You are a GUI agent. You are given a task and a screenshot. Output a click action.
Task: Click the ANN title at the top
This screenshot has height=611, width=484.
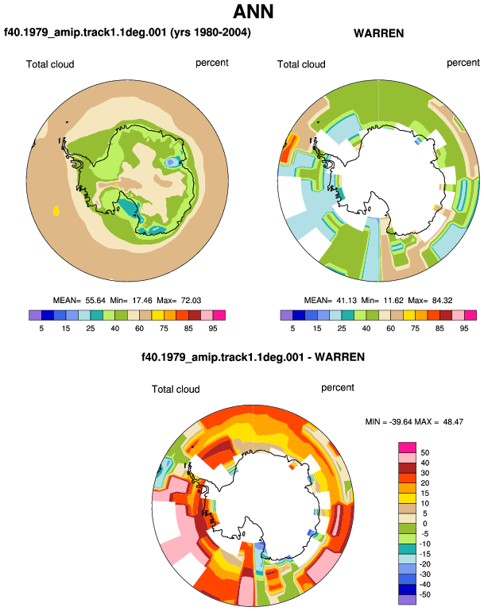tap(254, 11)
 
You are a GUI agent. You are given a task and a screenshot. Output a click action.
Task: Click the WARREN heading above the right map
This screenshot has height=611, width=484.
tap(378, 33)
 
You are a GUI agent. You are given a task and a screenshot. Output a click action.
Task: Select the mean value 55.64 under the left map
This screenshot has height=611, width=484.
tap(95, 301)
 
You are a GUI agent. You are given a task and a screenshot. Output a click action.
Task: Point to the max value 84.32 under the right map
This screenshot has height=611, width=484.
tap(442, 301)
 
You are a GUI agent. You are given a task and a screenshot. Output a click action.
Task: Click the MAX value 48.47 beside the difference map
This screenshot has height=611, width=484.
tap(453, 421)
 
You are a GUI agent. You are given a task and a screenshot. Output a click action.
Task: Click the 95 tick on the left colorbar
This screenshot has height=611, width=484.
tap(213, 329)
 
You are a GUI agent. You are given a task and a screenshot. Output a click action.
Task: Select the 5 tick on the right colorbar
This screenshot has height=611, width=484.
tap(292, 329)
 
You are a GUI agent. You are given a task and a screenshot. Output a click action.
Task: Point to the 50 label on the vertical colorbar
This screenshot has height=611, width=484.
tap(425, 453)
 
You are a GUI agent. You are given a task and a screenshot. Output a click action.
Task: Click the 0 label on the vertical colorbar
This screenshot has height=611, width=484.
tap(425, 524)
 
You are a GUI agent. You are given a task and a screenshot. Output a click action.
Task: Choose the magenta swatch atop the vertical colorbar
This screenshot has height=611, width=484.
tap(407, 448)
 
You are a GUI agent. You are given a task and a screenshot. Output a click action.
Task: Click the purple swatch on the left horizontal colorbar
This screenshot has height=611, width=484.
tap(35, 315)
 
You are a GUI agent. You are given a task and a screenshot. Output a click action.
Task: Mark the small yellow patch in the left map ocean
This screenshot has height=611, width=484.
tap(56, 211)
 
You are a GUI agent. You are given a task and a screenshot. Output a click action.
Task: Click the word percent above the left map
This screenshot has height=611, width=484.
tap(212, 63)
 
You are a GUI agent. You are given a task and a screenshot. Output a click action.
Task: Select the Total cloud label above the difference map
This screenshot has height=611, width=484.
tap(176, 390)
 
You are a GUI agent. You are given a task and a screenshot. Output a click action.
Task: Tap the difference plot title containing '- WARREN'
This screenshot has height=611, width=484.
tap(253, 357)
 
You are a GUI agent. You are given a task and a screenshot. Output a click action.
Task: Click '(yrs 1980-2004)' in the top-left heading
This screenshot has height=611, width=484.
tap(211, 32)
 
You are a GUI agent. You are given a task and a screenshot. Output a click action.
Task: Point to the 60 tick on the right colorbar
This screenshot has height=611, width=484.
tap(391, 329)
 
